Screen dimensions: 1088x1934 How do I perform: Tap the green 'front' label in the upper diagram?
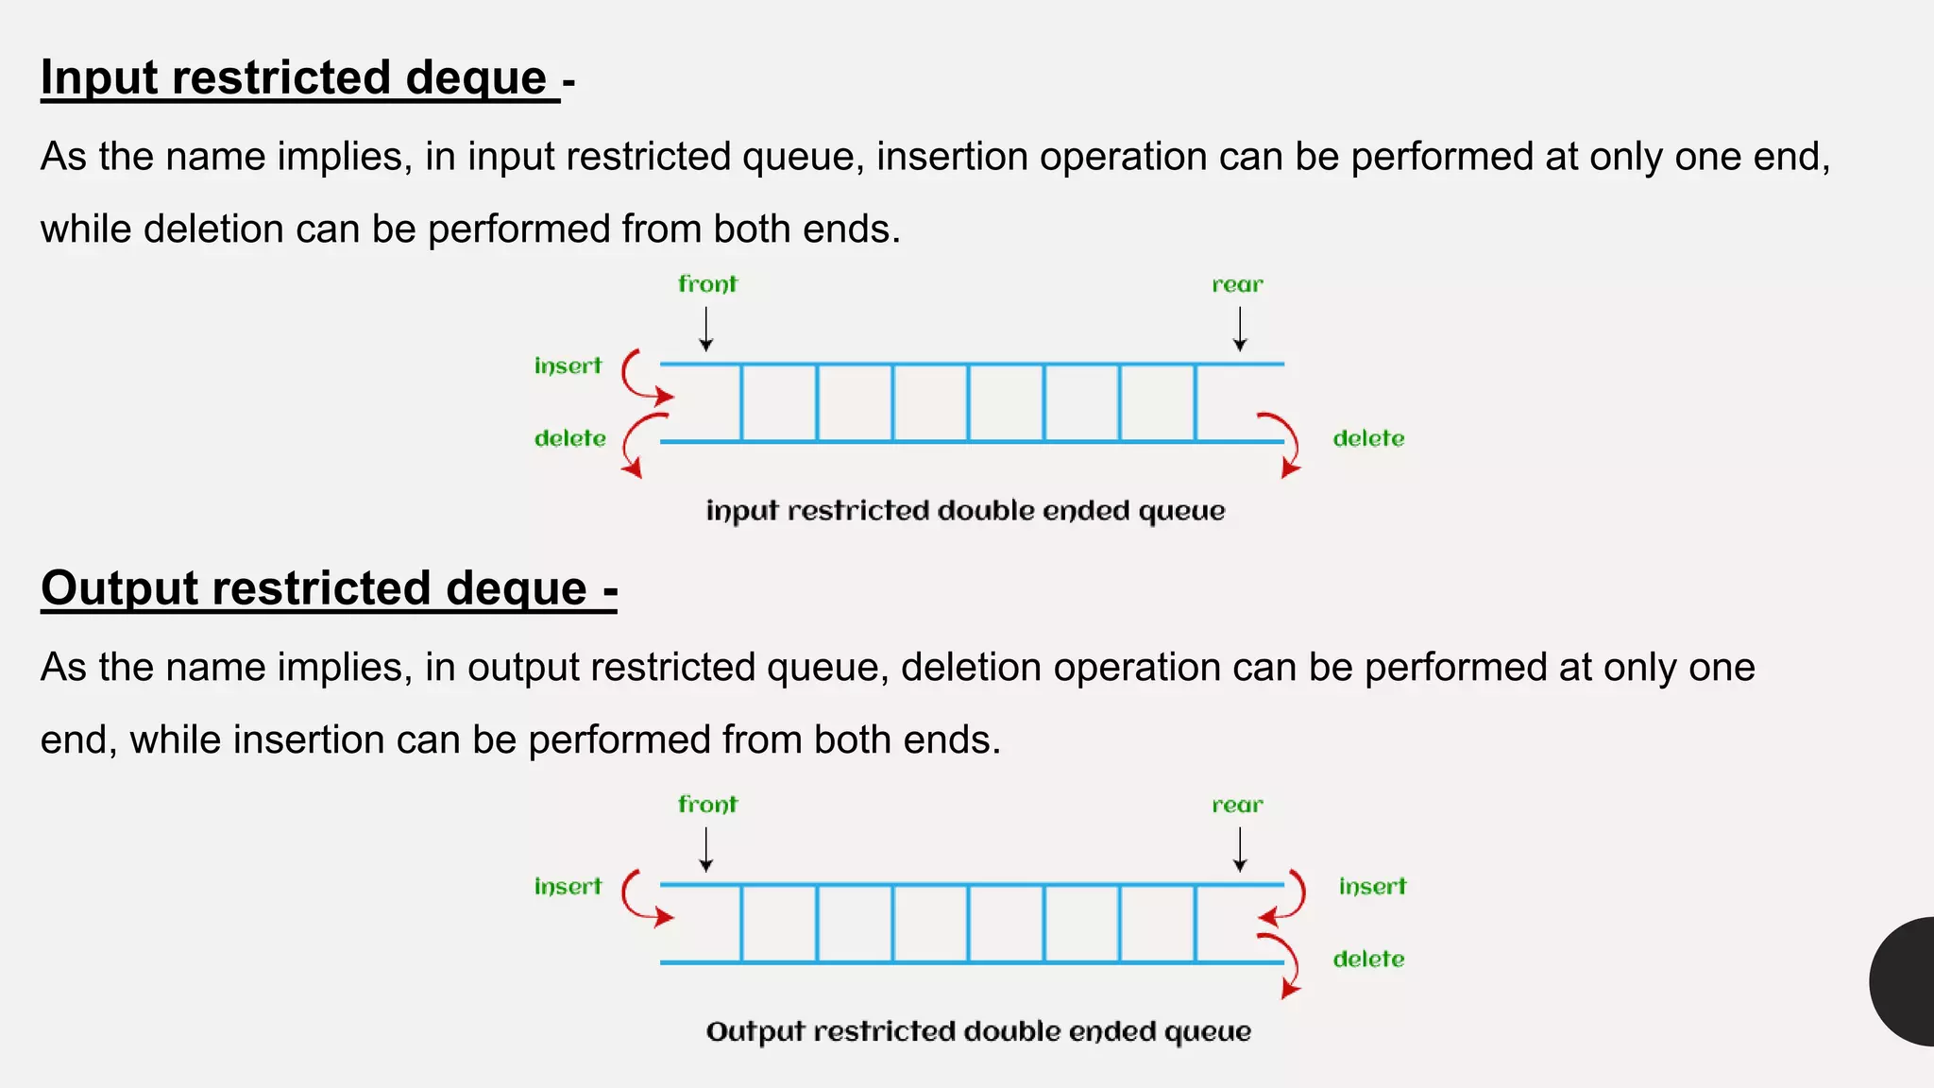click(707, 284)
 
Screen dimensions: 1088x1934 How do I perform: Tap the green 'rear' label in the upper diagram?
click(1237, 285)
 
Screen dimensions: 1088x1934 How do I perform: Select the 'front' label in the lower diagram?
click(707, 805)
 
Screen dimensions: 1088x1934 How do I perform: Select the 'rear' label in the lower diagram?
click(1237, 806)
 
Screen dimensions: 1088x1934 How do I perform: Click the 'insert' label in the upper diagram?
click(568, 366)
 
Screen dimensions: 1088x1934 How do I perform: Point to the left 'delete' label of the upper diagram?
click(569, 438)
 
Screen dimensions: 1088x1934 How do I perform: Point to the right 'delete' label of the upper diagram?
click(1368, 438)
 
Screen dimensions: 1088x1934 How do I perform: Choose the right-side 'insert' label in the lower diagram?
click(1372, 887)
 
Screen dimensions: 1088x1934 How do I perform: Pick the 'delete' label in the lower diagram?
click(1368, 960)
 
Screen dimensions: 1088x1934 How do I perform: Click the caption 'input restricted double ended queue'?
click(965, 511)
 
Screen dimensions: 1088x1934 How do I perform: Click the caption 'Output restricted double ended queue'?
click(978, 1031)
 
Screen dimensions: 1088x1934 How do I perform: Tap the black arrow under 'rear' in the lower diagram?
click(1240, 849)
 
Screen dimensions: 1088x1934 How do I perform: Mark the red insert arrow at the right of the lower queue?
click(1287, 898)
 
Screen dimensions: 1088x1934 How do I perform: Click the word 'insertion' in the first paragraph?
click(952, 157)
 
